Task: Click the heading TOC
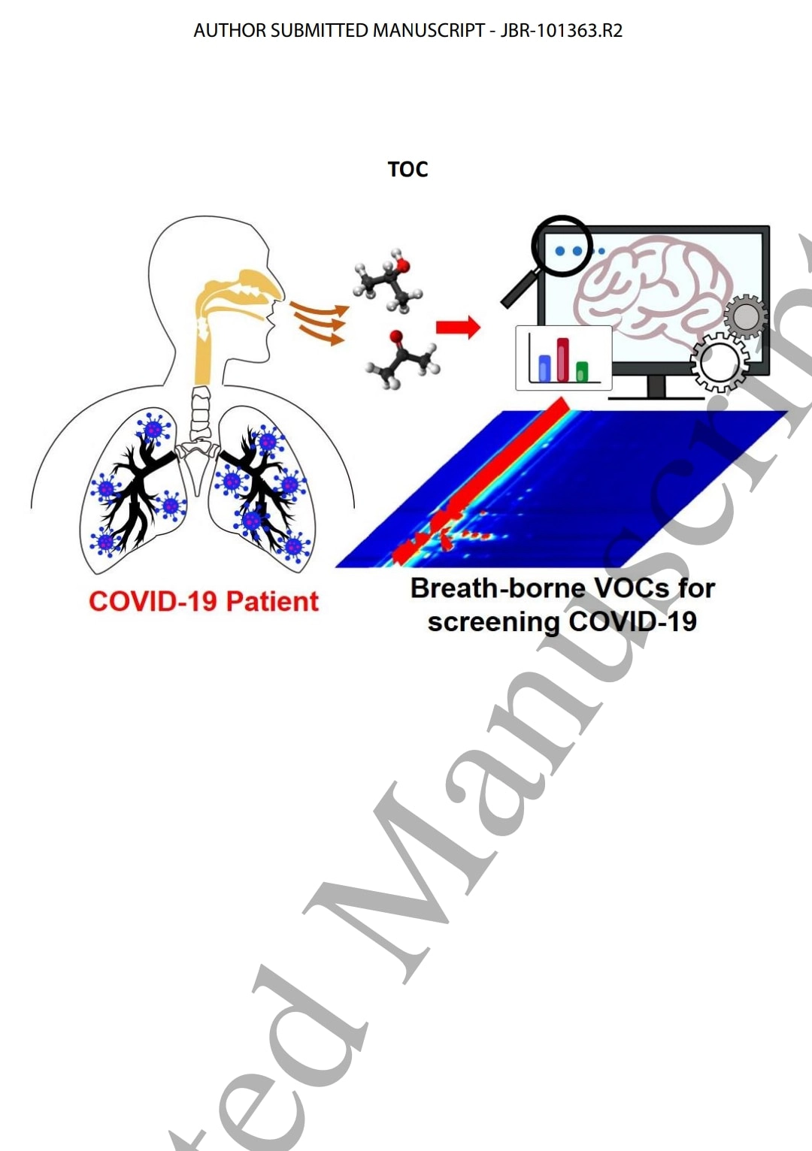(408, 169)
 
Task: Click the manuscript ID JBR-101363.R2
(562, 31)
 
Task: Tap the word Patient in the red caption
(272, 602)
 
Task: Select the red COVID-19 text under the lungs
(153, 602)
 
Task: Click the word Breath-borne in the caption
(497, 588)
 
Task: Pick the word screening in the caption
(493, 622)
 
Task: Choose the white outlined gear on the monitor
(719, 362)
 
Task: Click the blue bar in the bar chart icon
(544, 367)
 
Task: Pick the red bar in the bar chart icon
(562, 359)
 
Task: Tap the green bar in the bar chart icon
(581, 370)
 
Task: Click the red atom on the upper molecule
(404, 265)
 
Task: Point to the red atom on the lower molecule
(395, 337)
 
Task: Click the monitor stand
(656, 386)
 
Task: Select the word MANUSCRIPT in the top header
(429, 31)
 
